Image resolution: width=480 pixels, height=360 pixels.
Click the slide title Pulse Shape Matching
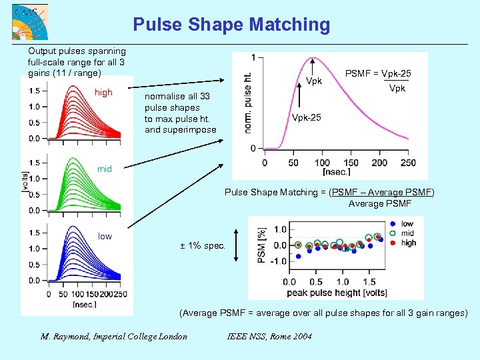pos(231,25)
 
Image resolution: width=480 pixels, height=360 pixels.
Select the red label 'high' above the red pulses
pos(104,93)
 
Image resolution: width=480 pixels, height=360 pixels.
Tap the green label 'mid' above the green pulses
pos(105,169)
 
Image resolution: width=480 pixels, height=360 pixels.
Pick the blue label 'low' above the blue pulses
pos(105,236)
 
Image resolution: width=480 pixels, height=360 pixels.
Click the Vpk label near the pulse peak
pos(314,82)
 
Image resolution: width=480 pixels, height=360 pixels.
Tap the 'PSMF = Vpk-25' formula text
pos(377,73)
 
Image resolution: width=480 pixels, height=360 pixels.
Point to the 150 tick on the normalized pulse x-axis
pos(350,163)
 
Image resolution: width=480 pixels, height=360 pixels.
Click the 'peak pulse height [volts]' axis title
pos(337,292)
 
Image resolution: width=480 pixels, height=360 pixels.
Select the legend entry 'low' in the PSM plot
pos(407,224)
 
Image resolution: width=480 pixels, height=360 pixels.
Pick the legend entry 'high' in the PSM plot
pos(408,243)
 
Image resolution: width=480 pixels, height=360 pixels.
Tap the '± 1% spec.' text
pos(203,245)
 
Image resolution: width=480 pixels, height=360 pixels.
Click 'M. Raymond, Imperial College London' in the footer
pos(114,336)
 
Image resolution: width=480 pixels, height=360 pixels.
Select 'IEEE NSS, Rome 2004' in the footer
pos(269,336)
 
